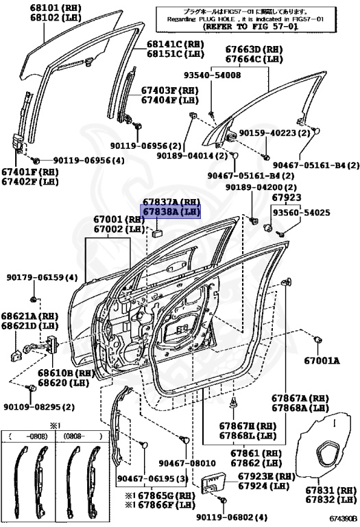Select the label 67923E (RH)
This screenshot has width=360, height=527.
267,476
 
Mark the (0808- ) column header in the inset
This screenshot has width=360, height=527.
83,435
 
